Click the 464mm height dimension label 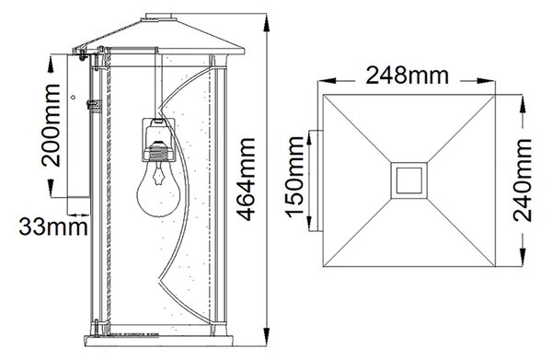tap(246, 180)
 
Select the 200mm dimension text tap(51, 125)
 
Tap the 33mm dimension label tap(53, 226)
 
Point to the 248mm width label tap(408, 75)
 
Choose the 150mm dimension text tap(294, 177)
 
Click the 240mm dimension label tap(522, 180)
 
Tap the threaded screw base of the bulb tap(159, 153)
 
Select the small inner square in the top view tap(409, 180)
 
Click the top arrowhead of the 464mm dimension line tap(267, 23)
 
